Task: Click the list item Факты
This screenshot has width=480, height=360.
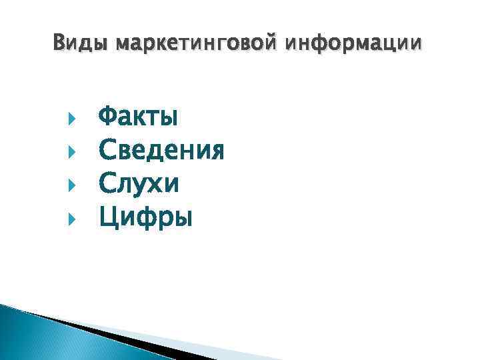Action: [x=138, y=119]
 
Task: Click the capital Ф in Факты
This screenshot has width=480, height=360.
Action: [x=108, y=119]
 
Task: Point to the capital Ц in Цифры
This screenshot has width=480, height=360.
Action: [x=108, y=217]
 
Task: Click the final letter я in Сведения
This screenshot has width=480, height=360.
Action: [x=216, y=151]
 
